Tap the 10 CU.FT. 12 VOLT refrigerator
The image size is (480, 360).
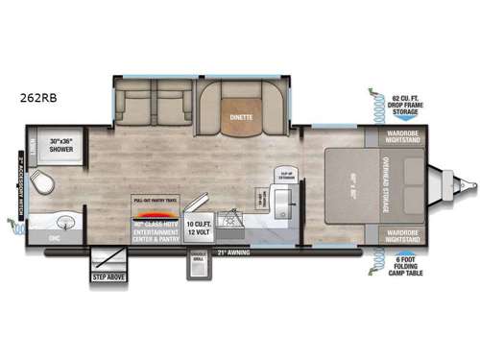pos(197,230)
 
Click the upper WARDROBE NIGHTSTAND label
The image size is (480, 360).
pos(401,137)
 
